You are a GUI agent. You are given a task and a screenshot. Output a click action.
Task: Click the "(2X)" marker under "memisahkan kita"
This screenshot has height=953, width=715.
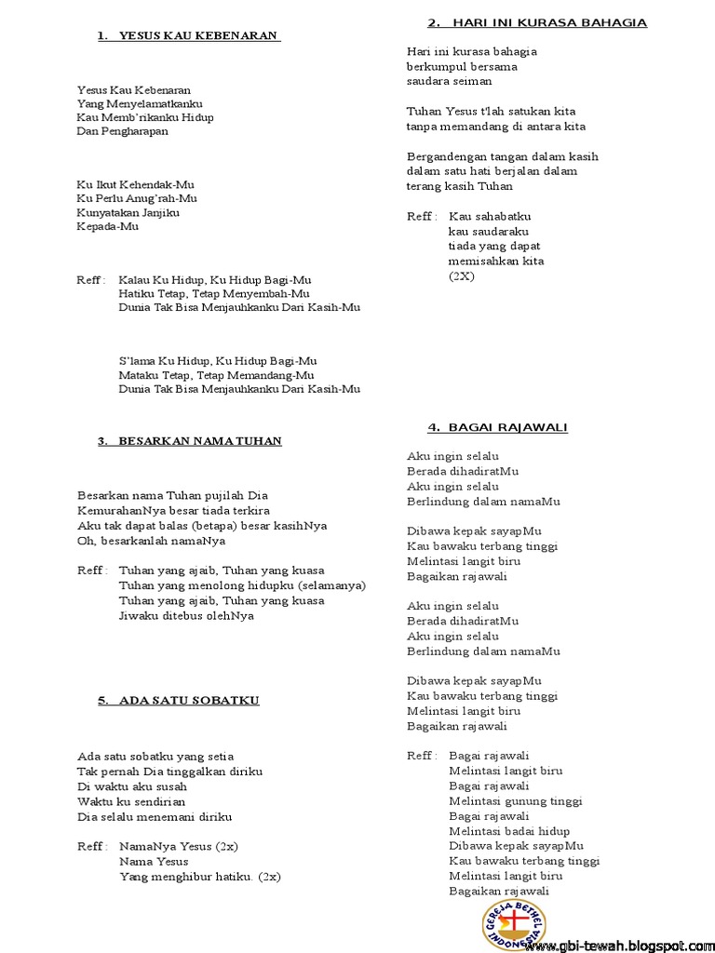coord(461,276)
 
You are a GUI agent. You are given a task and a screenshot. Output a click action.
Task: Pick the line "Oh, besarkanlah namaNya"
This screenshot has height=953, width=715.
coord(152,541)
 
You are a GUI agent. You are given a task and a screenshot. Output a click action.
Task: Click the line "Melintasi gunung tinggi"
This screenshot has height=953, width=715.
coord(515,800)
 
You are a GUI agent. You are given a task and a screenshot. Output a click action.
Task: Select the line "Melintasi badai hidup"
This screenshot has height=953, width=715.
coord(509,831)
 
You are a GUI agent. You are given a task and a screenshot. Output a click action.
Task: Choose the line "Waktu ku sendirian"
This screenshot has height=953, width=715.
coord(131,801)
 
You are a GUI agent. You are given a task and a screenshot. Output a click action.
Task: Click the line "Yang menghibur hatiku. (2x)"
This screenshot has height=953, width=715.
coord(200,877)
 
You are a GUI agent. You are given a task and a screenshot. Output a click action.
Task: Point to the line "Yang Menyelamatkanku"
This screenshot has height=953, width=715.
coord(140,104)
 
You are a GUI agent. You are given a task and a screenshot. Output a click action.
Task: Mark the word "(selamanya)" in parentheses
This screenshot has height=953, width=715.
coord(332,585)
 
